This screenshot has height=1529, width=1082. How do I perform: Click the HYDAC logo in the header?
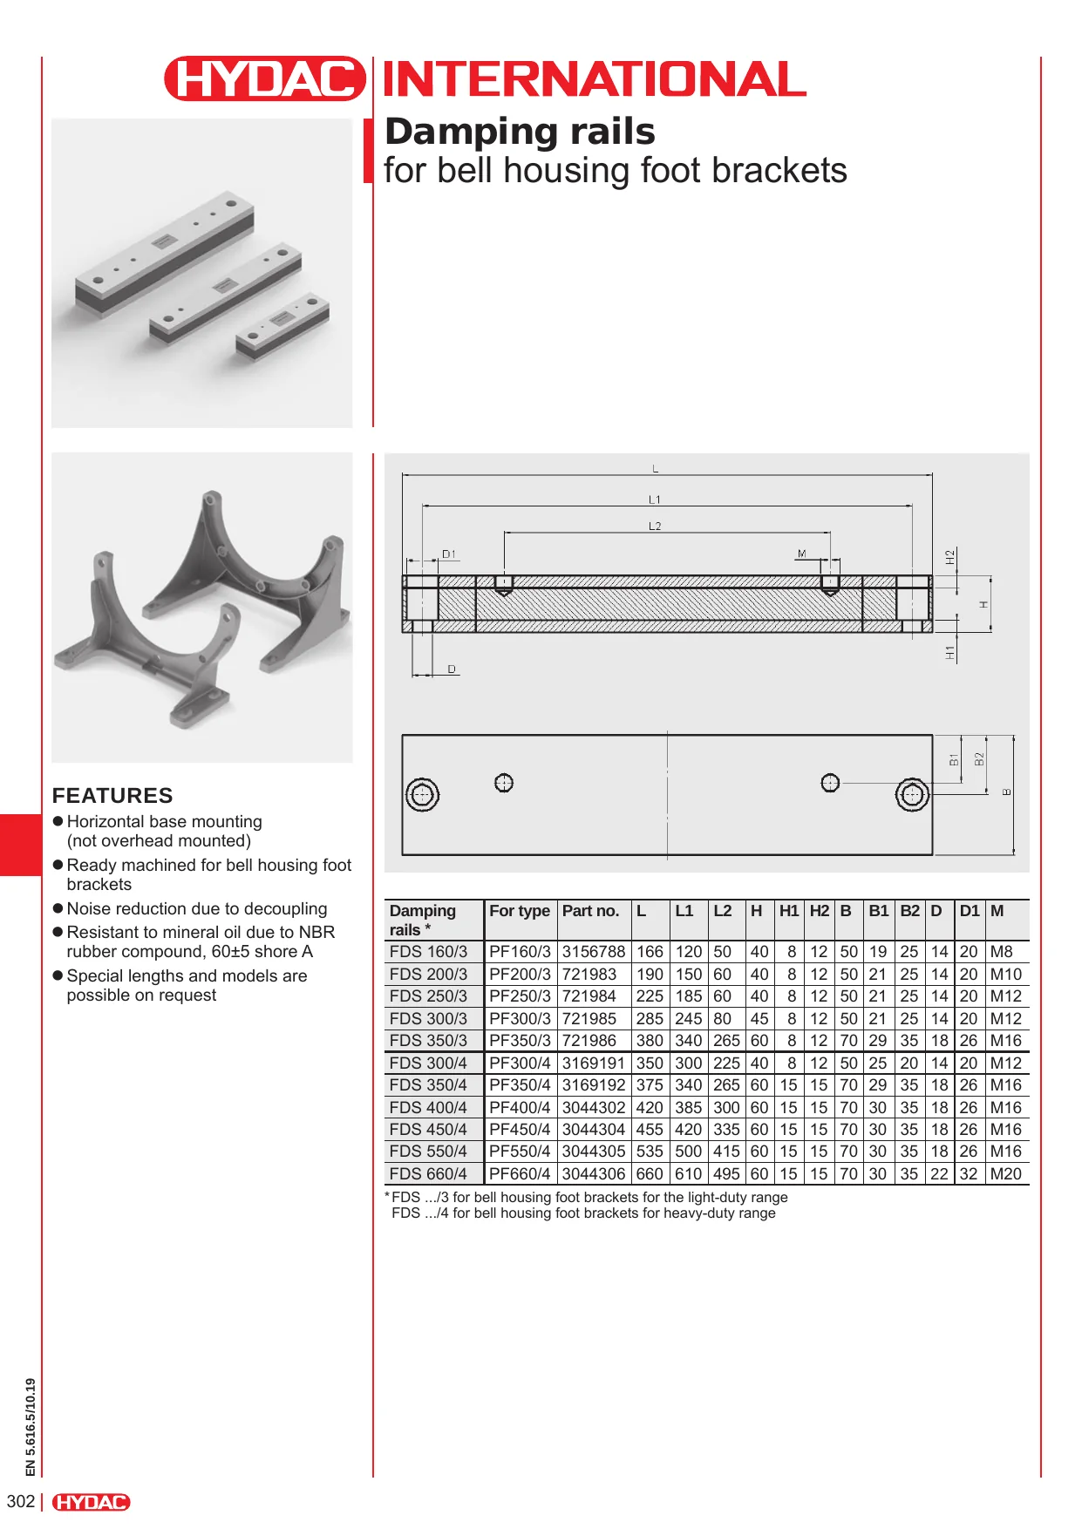[x=264, y=78]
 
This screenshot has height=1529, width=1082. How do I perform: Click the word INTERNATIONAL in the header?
[x=595, y=79]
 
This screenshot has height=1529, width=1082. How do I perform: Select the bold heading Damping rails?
[x=520, y=132]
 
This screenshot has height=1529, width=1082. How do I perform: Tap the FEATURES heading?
[x=112, y=795]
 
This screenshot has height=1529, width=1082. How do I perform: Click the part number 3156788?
[x=593, y=952]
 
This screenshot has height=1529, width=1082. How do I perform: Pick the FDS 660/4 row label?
[x=428, y=1174]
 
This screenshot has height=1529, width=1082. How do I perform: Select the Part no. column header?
[x=590, y=911]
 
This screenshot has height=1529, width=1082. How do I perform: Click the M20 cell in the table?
[x=1005, y=1174]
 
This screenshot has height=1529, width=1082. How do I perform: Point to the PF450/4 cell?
[x=520, y=1130]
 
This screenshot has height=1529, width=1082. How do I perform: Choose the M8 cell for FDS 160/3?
[x=1001, y=952]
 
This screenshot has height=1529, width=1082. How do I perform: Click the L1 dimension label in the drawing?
[x=655, y=499]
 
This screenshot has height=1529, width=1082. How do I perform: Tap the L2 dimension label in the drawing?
[x=655, y=526]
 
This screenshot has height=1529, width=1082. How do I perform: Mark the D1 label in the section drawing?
[x=449, y=554]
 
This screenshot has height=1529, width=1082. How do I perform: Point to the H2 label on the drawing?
[x=950, y=557]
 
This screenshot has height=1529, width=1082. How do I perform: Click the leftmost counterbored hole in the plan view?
[x=423, y=795]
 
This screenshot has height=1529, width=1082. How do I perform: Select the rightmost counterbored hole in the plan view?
[x=912, y=795]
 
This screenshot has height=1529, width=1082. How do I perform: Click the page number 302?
[x=21, y=1501]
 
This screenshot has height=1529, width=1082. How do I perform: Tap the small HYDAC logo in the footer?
[x=91, y=1502]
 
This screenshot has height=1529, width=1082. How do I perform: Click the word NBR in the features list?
[x=316, y=932]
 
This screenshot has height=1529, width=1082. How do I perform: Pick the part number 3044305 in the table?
[x=593, y=1152]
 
